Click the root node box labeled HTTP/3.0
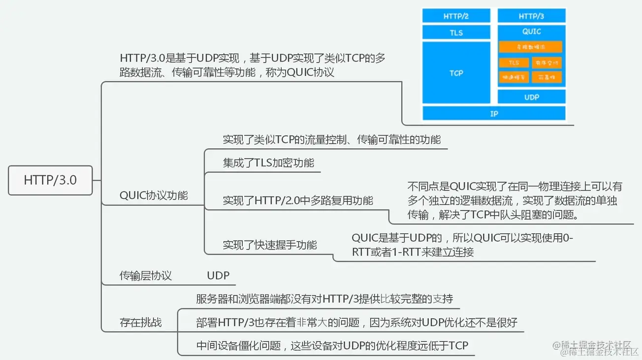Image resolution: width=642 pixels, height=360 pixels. point(50,180)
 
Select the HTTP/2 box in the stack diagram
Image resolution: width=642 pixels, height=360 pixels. point(456,16)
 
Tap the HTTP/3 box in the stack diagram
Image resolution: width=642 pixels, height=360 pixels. point(531,16)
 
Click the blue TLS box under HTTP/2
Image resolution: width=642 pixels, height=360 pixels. point(456,33)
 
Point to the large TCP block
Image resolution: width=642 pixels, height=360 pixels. point(456,73)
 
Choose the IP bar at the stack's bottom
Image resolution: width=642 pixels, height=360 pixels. point(494,114)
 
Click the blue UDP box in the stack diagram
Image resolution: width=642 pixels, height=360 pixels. point(531,97)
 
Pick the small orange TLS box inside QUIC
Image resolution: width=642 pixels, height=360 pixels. point(514,63)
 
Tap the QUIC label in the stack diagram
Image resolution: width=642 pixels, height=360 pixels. point(531,32)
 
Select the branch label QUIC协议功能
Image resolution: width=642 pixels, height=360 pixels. point(154,195)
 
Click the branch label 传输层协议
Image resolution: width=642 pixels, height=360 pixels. point(146,276)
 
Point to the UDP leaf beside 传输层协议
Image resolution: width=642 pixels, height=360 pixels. point(218,276)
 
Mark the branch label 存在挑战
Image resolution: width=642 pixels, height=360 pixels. point(141,323)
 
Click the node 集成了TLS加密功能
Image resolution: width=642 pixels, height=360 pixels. point(268,163)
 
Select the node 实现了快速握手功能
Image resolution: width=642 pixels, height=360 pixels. point(270,245)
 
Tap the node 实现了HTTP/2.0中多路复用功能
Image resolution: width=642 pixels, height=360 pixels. point(298,200)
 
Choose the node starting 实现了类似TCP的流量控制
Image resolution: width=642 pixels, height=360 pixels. point(331,139)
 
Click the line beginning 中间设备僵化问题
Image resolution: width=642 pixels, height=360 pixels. point(332,346)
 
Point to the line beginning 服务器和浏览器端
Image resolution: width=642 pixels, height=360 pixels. point(324,298)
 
